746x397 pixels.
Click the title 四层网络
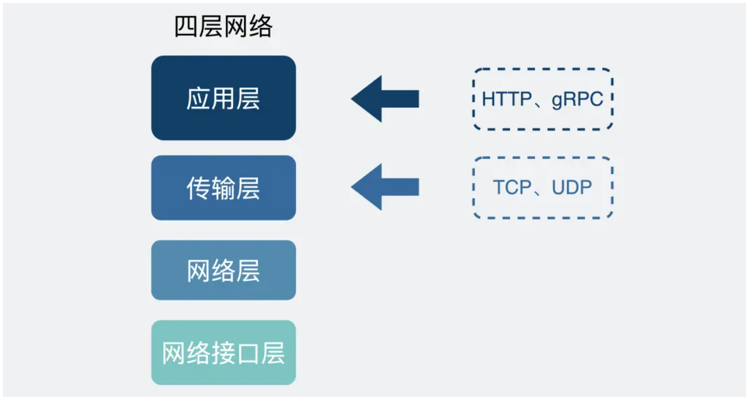pos(223,27)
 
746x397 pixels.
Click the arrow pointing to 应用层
pos(385,99)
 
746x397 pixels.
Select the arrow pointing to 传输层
pos(385,187)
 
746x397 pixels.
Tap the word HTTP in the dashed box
pos(506,99)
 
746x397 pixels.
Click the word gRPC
pos(577,99)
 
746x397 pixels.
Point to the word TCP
pos(511,187)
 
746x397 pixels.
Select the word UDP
pos(572,187)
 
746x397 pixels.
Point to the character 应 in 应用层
pos(198,99)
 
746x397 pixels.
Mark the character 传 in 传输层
pos(198,188)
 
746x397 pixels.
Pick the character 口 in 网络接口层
pos(248,353)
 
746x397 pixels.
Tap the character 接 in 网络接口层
pos(223,353)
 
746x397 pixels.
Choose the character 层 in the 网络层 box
pos(248,271)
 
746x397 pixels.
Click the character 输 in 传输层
pos(223,188)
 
